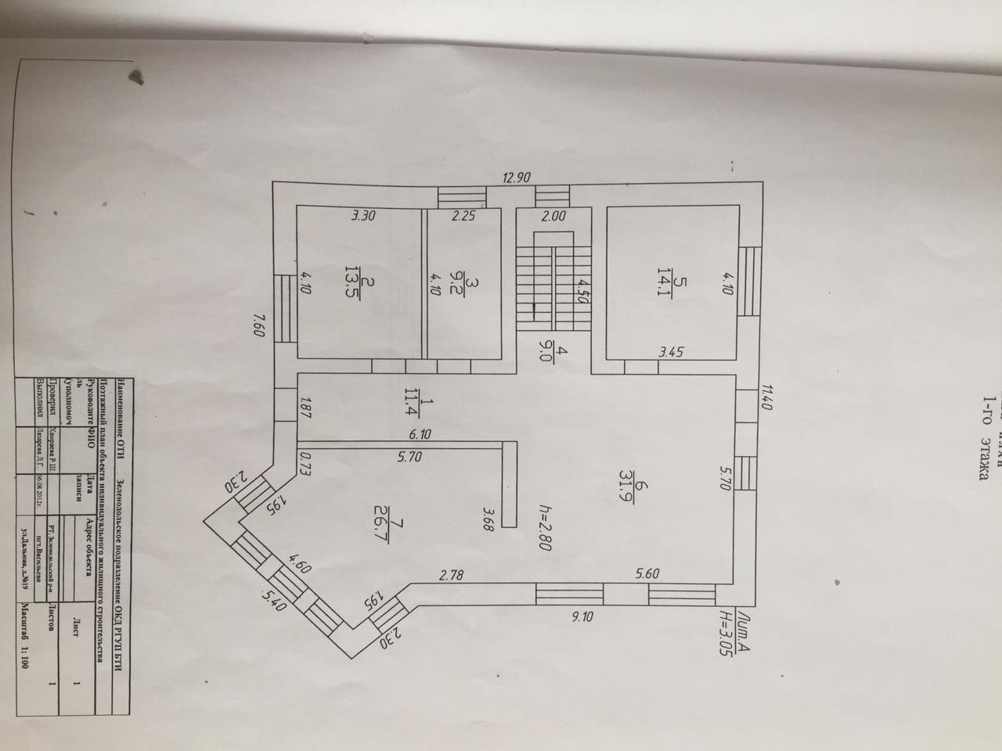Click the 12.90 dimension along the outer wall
pyautogui.click(x=516, y=178)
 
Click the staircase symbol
pyautogui.click(x=553, y=282)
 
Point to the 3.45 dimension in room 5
pyautogui.click(x=670, y=352)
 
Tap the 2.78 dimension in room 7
pyautogui.click(x=452, y=576)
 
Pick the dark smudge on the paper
pyautogui.click(x=137, y=77)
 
